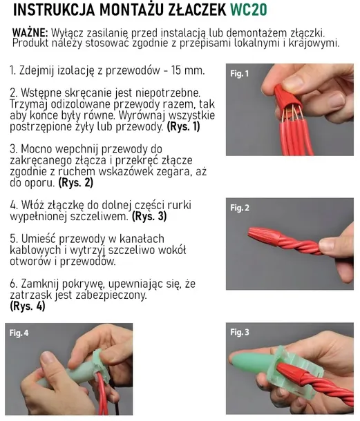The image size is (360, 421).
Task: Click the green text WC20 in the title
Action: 249,10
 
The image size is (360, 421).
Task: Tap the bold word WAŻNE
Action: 30,33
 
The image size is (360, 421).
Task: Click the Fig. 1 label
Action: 239,74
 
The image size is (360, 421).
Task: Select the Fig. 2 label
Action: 240,208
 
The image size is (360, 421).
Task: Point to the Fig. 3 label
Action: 240,333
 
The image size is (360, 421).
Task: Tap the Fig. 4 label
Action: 19,333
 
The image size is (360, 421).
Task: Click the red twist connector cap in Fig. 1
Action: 287,98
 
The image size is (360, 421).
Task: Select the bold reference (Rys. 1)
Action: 184,126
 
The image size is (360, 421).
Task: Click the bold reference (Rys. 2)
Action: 76,183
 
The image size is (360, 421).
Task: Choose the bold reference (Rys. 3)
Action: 149,216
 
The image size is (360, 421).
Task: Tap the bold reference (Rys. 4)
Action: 28,306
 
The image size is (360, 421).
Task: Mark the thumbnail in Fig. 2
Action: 328,245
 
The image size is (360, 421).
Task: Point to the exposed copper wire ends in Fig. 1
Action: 292,115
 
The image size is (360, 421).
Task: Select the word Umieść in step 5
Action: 39,239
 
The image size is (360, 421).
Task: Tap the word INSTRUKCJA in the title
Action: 54,10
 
